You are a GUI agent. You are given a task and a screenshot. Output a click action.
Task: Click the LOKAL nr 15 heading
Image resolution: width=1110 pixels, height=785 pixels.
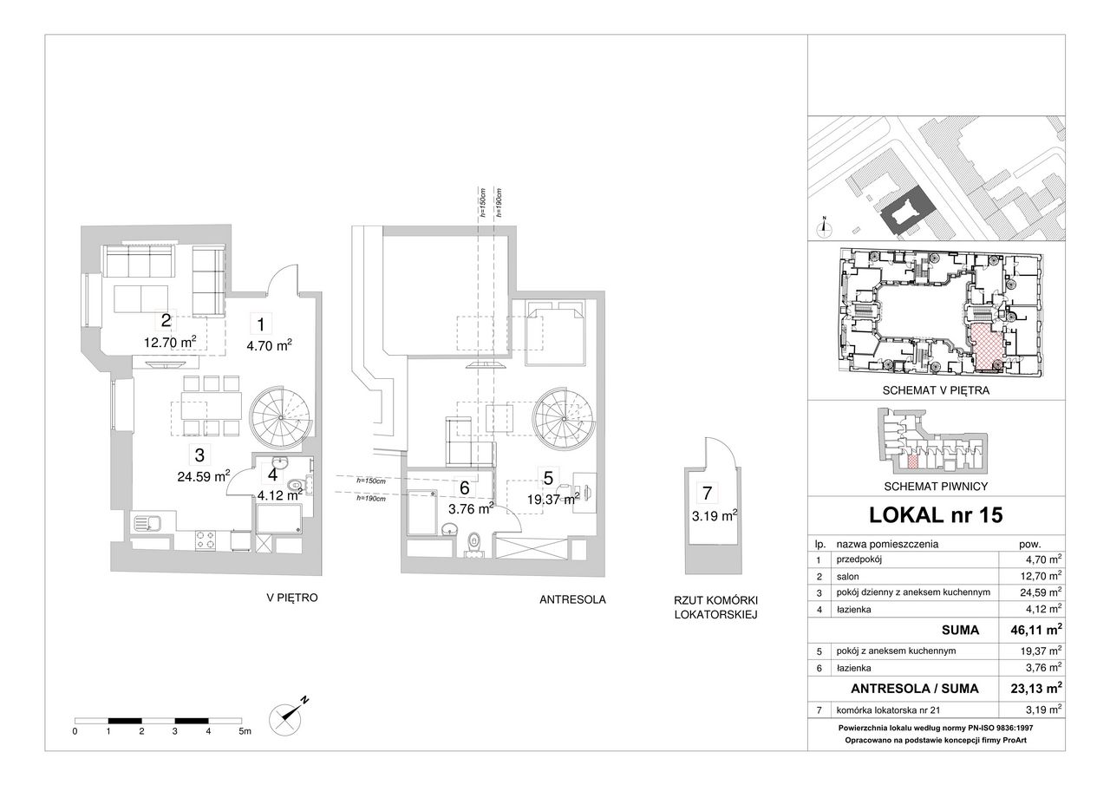(936, 515)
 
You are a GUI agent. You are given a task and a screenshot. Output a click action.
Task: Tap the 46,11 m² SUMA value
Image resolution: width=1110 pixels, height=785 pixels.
(1036, 630)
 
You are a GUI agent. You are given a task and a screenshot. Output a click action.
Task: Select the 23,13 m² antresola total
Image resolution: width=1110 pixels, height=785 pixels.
(1036, 688)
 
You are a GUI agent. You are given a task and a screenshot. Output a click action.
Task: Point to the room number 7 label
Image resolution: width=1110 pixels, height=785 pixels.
(707, 493)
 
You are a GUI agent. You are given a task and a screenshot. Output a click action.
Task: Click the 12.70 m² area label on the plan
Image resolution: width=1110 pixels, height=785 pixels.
(171, 342)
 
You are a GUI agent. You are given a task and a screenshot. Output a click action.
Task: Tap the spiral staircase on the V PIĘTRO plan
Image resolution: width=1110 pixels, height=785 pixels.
(282, 418)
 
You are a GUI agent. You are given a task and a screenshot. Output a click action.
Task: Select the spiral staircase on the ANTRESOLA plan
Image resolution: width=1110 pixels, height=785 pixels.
(564, 419)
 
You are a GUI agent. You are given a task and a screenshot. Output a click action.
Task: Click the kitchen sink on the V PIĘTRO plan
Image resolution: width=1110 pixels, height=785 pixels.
(147, 523)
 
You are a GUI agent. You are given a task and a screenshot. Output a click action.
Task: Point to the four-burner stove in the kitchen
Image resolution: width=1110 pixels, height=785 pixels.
(206, 540)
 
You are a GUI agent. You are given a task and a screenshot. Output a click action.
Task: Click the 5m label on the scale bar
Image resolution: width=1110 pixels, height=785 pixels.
(245, 731)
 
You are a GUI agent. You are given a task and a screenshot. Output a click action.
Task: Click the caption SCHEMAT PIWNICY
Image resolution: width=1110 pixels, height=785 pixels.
(936, 487)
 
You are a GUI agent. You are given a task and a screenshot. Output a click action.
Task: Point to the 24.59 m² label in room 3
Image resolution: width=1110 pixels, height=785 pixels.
(204, 476)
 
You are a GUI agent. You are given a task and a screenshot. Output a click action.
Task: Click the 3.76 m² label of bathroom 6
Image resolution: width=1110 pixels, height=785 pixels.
(471, 509)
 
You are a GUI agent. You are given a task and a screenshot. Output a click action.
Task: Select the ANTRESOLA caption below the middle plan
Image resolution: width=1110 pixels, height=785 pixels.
(572, 599)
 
